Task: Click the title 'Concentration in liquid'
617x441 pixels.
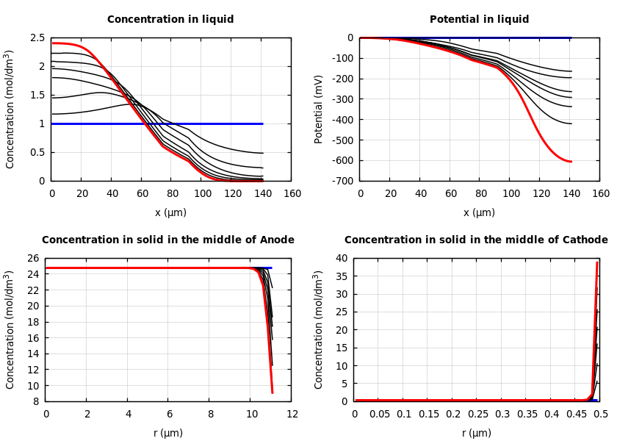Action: point(170,20)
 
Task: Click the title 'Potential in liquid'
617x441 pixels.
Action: point(479,20)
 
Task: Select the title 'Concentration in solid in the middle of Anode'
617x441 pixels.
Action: point(168,240)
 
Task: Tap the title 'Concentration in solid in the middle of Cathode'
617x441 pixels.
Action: point(476,240)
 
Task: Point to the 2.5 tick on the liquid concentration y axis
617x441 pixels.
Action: point(37,38)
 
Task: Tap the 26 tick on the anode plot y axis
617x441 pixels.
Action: point(32,259)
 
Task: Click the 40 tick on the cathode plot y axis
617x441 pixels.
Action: point(340,259)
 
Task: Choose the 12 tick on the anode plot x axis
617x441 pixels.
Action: point(292,415)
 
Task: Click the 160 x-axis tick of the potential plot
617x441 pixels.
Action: point(601,194)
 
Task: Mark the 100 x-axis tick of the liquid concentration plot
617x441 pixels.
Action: point(202,194)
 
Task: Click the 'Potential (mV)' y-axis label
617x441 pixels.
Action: point(319,109)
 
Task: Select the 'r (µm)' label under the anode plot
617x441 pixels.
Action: point(168,433)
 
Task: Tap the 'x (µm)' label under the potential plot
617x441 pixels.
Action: point(479,212)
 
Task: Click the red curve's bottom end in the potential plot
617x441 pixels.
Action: point(571,161)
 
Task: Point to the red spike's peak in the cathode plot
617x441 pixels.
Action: point(597,262)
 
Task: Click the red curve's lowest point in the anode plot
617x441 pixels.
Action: point(273,392)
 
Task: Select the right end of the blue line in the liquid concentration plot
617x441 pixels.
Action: point(262,123)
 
